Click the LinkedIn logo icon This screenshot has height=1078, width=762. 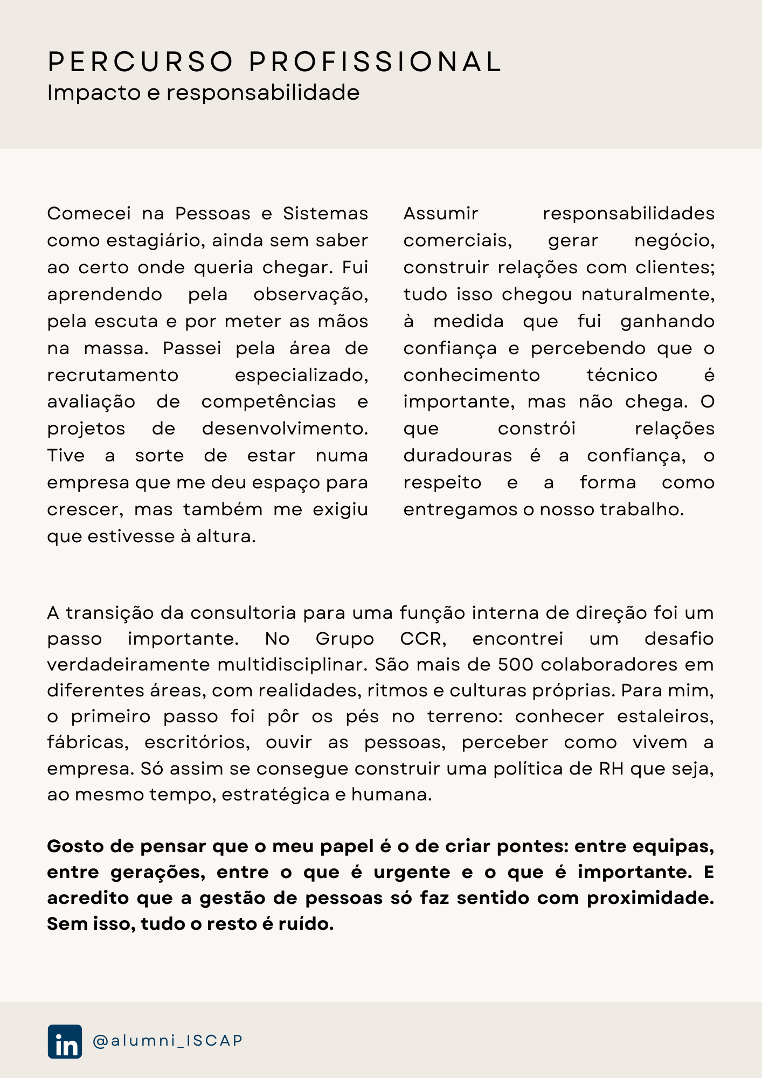65,1041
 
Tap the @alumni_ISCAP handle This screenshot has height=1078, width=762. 168,1041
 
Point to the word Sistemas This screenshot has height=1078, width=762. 325,213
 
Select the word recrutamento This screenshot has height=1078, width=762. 113,375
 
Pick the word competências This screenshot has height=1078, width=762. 268,402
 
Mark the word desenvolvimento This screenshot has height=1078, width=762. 285,429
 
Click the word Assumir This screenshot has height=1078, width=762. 441,213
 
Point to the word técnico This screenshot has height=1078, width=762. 622,375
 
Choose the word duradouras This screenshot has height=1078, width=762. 458,456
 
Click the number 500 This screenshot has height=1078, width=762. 515,665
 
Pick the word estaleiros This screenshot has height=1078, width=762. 665,716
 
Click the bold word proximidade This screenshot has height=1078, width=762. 650,898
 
